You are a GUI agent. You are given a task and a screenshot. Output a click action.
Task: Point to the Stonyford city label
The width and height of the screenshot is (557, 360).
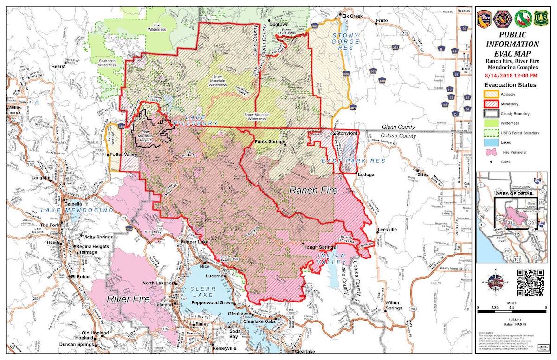point(347,133)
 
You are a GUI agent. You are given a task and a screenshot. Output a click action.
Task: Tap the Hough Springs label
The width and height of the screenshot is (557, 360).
point(319,248)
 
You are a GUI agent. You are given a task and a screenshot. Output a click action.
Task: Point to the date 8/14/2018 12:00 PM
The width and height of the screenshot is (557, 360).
point(512,75)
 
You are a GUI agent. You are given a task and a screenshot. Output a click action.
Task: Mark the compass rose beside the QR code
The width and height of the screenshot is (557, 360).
point(495,282)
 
